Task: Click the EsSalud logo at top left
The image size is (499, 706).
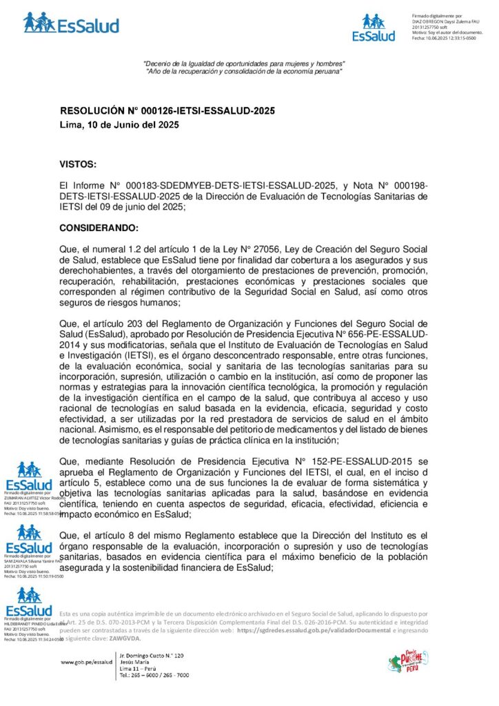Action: point(70,23)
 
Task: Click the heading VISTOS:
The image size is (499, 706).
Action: point(79,164)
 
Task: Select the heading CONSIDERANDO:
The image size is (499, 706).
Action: point(99,228)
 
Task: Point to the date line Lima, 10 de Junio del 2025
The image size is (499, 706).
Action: point(119,125)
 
